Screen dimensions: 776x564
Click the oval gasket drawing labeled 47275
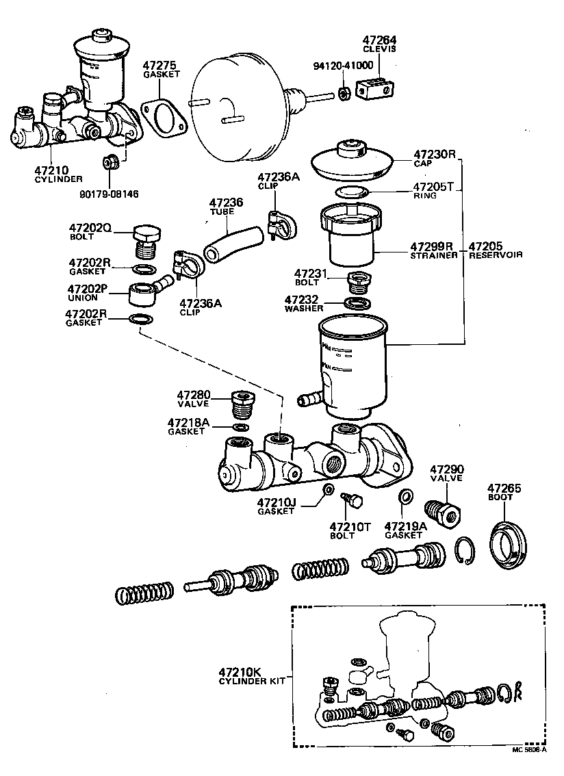(164, 117)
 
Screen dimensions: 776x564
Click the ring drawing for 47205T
(354, 191)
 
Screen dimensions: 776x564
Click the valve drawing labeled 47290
(443, 513)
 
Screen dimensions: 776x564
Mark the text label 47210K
(240, 671)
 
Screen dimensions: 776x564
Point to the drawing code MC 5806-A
(529, 749)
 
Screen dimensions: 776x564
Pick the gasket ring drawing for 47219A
(405, 496)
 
